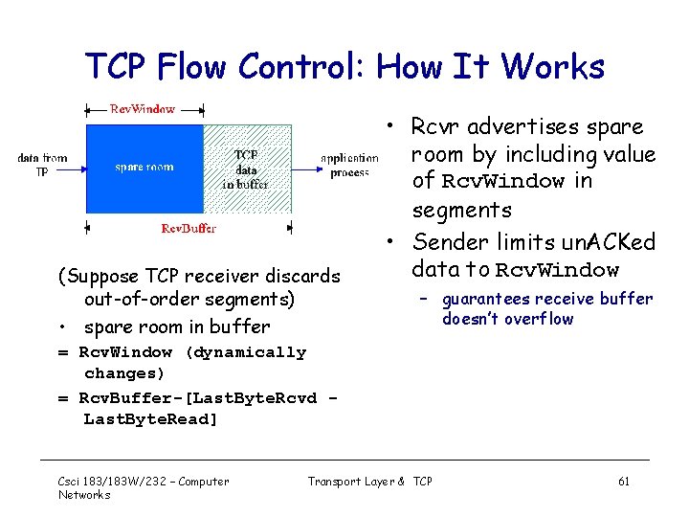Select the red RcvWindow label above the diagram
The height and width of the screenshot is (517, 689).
pyautogui.click(x=143, y=108)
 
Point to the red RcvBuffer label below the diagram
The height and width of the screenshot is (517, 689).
pyautogui.click(x=189, y=228)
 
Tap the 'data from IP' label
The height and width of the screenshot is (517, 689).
pyautogui.click(x=42, y=165)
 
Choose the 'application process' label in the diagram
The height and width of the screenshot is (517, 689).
pyautogui.click(x=349, y=165)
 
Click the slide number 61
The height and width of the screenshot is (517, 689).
pyautogui.click(x=623, y=481)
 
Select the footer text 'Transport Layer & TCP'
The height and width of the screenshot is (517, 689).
pyautogui.click(x=369, y=481)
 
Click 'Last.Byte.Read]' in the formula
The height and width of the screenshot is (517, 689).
pyautogui.click(x=151, y=419)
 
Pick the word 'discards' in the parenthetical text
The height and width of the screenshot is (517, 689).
pyautogui.click(x=300, y=276)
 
